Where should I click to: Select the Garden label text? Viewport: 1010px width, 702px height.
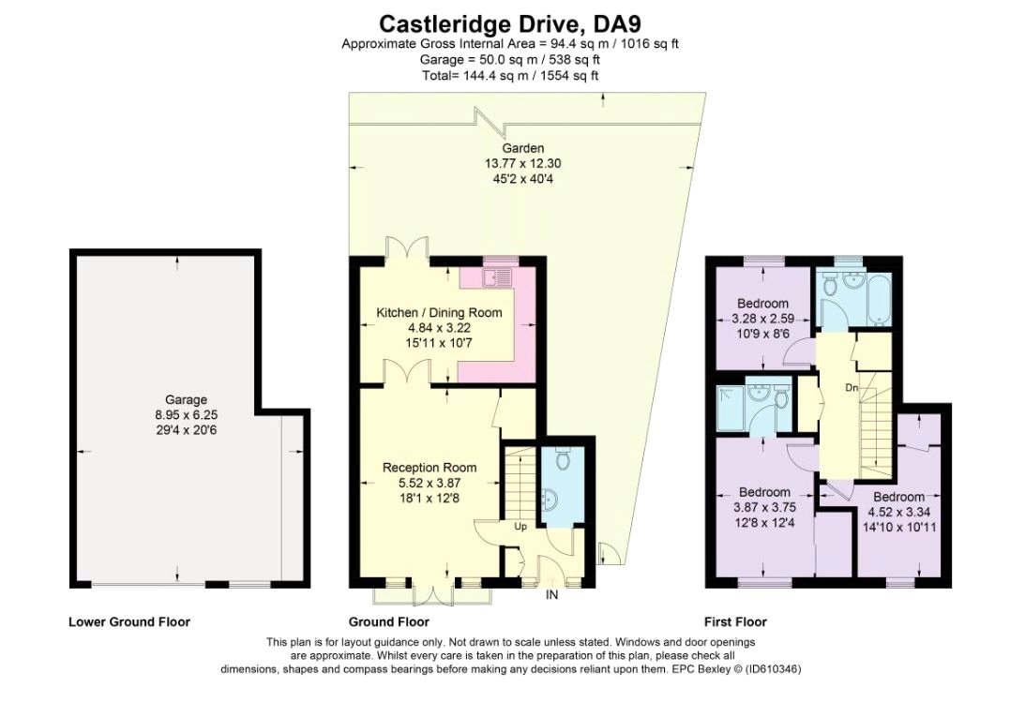pos(522,149)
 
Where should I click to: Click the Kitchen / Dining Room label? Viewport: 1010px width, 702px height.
pos(439,313)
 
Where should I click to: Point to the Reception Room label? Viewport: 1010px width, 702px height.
pos(430,468)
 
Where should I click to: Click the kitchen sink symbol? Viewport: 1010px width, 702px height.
pos(496,276)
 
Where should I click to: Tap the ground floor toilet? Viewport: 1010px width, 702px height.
pos(563,460)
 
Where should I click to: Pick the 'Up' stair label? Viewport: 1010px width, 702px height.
pos(519,527)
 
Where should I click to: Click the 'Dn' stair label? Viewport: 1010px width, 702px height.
pos(850,386)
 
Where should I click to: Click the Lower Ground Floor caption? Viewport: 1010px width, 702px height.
pos(128,621)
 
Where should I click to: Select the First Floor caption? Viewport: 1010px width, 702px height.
pos(735,621)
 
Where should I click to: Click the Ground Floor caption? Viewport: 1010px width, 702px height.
pos(388,621)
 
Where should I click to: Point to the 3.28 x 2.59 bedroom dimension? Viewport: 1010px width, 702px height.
pos(762,318)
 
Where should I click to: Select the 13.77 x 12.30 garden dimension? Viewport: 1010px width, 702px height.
pos(522,163)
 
